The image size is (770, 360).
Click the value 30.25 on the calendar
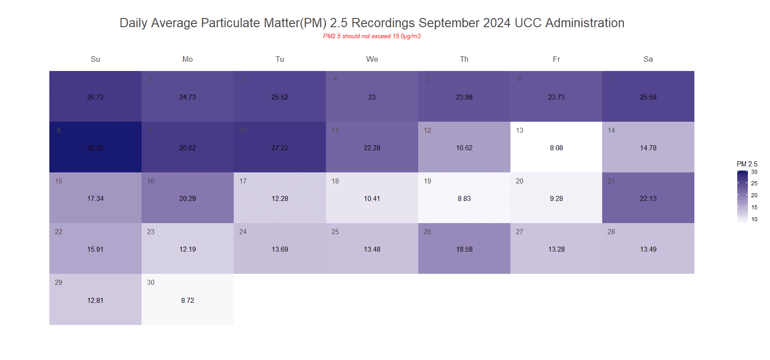pos(95,148)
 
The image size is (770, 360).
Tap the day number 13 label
pos(520,130)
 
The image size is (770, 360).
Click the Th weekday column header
pos(464,59)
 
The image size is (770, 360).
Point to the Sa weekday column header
pos(648,59)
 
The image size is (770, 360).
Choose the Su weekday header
pos(95,59)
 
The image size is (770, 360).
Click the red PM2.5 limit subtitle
pos(372,36)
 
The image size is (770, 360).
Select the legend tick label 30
pos(754,172)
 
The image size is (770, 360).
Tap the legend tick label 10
pos(754,219)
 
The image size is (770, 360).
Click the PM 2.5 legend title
pos(747,164)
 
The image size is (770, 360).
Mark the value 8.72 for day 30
pos(188,301)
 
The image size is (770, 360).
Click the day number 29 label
pos(59,283)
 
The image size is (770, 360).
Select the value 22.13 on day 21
pos(648,199)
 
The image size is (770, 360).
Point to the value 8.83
pos(464,199)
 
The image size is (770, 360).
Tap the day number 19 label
pos(427,181)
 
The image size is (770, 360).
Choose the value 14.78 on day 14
pos(648,148)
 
